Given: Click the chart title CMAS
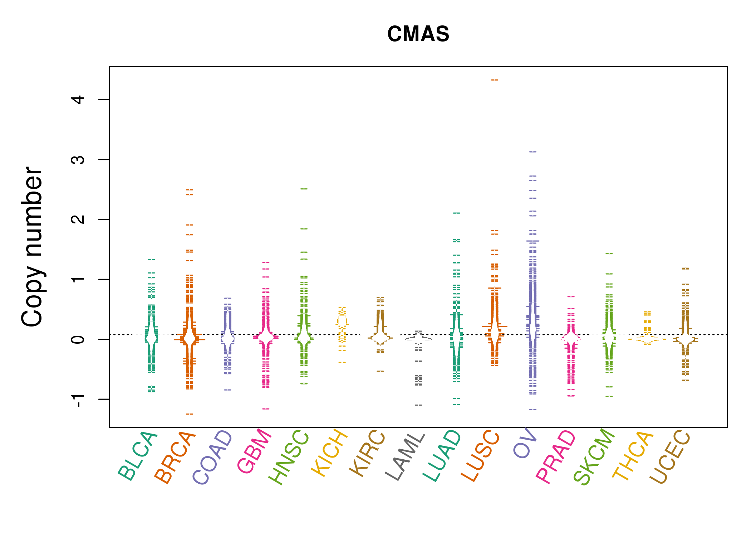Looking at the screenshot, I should (x=418, y=34).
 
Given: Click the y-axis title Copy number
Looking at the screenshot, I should (x=32, y=247).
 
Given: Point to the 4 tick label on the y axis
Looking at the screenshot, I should (x=78, y=99).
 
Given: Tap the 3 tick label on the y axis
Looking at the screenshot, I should (x=78, y=159).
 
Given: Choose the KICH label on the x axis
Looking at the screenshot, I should (x=329, y=453).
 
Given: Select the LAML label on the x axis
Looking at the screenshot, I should (x=405, y=456).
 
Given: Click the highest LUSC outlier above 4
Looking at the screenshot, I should (x=495, y=80).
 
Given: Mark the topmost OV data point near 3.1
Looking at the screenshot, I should (x=533, y=152).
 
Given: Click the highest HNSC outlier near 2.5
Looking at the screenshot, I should (x=304, y=189).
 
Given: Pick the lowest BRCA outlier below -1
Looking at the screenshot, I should (x=190, y=414).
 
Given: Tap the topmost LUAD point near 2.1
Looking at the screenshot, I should (x=457, y=213).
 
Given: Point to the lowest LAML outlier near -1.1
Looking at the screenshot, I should (x=418, y=405).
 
